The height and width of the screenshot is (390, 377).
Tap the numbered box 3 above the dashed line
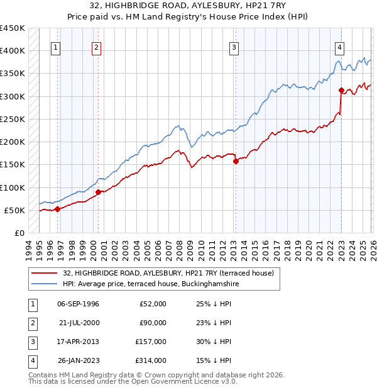point(234,47)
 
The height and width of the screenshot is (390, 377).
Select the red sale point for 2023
point(341,90)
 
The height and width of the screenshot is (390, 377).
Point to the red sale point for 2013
point(236,161)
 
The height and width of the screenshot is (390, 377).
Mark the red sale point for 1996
point(57,209)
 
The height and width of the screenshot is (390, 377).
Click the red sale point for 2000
point(98,192)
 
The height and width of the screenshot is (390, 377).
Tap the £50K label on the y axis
point(15,210)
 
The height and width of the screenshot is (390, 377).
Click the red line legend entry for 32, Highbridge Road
point(168,274)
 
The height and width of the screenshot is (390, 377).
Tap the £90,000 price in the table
point(153,323)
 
